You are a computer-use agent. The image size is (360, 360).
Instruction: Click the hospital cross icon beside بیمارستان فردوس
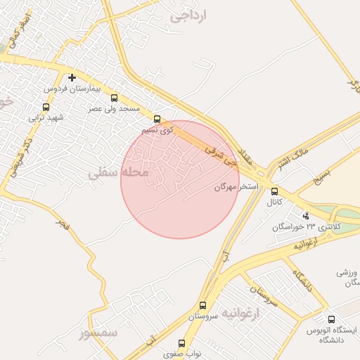click(x=72, y=77)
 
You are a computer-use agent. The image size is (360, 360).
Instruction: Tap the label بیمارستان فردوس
click(x=74, y=89)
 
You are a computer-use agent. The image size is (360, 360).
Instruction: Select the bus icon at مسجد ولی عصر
click(x=115, y=99)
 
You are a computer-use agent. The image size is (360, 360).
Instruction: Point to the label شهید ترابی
click(x=46, y=117)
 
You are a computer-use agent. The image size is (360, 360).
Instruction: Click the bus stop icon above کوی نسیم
click(x=157, y=120)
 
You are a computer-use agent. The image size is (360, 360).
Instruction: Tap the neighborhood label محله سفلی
click(x=120, y=172)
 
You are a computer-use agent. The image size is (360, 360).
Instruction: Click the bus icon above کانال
click(x=274, y=191)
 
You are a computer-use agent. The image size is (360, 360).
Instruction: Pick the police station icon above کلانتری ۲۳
click(x=305, y=216)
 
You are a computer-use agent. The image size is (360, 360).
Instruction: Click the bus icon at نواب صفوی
click(x=182, y=344)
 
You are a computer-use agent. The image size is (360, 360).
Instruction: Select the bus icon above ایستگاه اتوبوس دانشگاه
click(x=331, y=320)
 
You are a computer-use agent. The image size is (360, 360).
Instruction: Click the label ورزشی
click(x=347, y=271)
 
